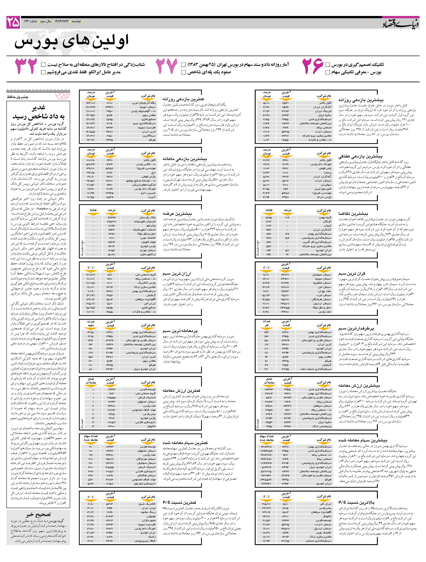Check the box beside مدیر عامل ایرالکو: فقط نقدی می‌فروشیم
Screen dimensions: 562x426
tap(43, 72)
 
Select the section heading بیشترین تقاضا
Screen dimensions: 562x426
tap(353, 214)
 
